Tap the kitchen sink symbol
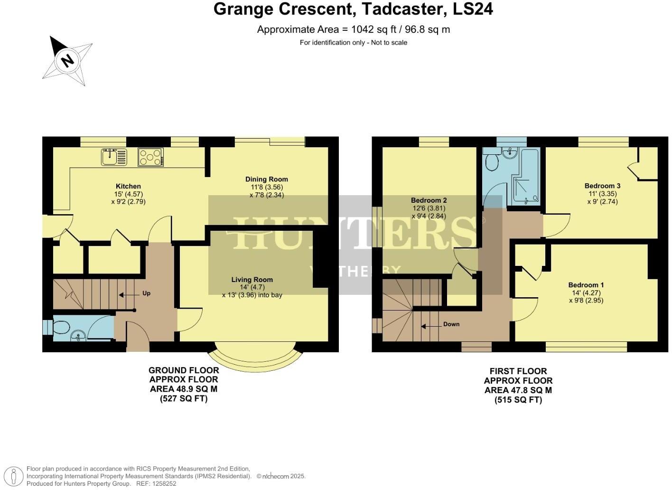click(114, 157)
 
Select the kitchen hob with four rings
click(151, 157)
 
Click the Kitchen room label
click(128, 186)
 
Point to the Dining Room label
click(266, 179)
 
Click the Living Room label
click(252, 279)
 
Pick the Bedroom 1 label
click(586, 285)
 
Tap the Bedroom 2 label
click(429, 200)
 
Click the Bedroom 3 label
click(602, 186)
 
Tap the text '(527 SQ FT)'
click(184, 399)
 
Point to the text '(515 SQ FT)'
click(518, 400)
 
